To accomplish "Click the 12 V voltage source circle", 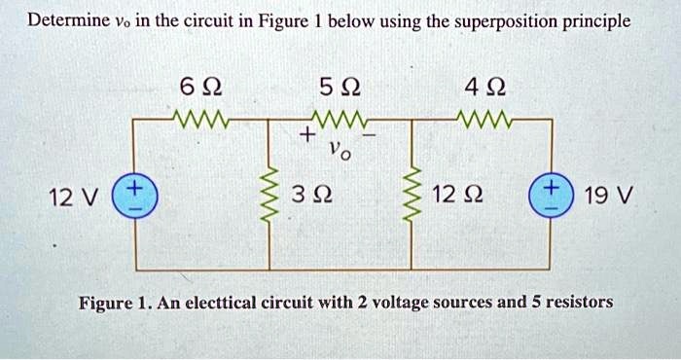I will click(134, 194).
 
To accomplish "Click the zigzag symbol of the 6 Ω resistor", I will click(199, 121).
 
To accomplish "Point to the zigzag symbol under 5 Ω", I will click(339, 121).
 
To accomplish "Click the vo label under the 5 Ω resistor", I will click(338, 152).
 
